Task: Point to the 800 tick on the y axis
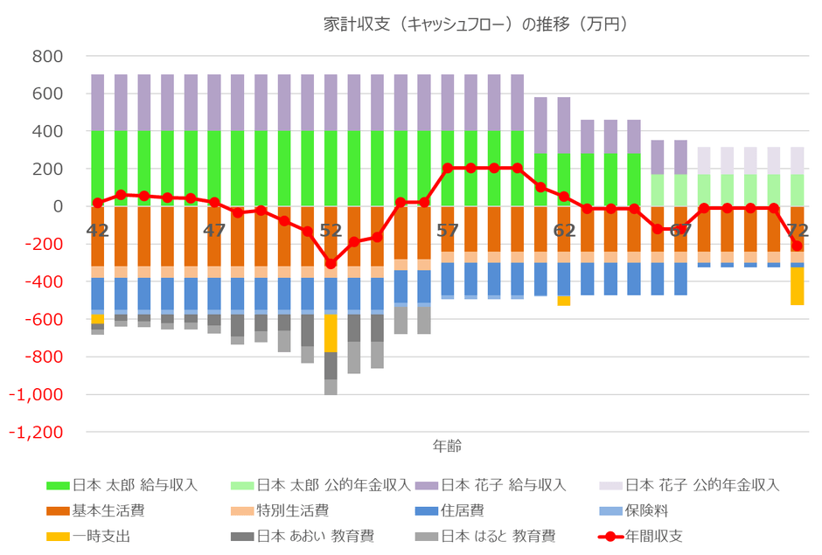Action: point(47,57)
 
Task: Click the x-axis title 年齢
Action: point(447,446)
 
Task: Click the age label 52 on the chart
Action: point(331,231)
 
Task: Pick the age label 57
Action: point(447,231)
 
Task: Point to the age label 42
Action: point(98,231)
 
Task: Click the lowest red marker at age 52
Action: point(331,264)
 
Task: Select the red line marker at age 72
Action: point(797,246)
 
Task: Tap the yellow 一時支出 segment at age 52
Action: point(331,333)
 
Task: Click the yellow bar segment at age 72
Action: point(797,286)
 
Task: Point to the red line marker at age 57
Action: point(447,168)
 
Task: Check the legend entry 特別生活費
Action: point(292,510)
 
